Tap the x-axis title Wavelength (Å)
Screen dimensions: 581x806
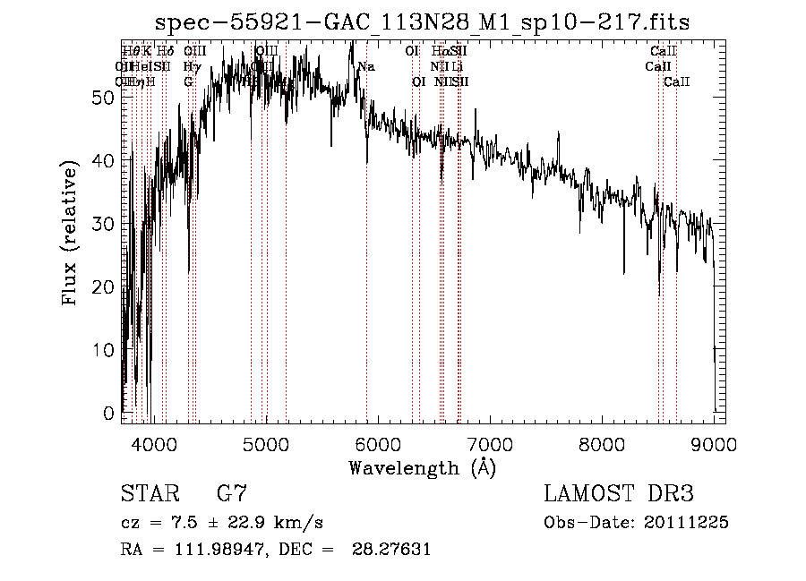422,467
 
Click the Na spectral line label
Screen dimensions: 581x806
366,67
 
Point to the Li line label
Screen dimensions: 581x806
458,67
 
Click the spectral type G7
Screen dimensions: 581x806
231,494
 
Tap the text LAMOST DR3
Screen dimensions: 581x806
619,494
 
